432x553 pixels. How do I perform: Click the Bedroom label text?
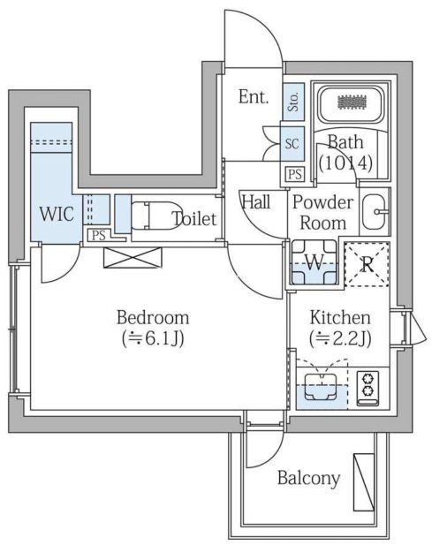click(153, 317)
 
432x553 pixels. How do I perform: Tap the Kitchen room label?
click(340, 317)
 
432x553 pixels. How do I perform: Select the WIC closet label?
click(57, 214)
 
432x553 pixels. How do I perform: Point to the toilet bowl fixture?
click(156, 216)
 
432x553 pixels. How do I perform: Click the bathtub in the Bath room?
click(351, 102)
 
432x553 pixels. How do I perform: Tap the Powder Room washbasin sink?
click(375, 212)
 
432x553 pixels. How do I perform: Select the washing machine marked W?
click(314, 262)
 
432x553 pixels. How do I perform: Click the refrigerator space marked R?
click(367, 264)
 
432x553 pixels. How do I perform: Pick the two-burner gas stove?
click(368, 388)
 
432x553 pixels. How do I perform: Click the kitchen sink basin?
click(321, 387)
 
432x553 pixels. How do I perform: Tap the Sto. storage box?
click(293, 102)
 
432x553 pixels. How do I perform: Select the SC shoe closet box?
click(292, 144)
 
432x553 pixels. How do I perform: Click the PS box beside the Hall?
click(295, 174)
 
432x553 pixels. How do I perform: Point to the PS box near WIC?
click(99, 236)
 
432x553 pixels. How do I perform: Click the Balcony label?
click(308, 478)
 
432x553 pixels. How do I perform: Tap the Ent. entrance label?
click(254, 96)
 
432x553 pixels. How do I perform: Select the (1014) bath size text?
click(345, 163)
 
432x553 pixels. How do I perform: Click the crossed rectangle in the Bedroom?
click(133, 257)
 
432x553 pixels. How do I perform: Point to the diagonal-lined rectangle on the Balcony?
click(364, 481)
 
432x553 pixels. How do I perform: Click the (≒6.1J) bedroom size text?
click(152, 339)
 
